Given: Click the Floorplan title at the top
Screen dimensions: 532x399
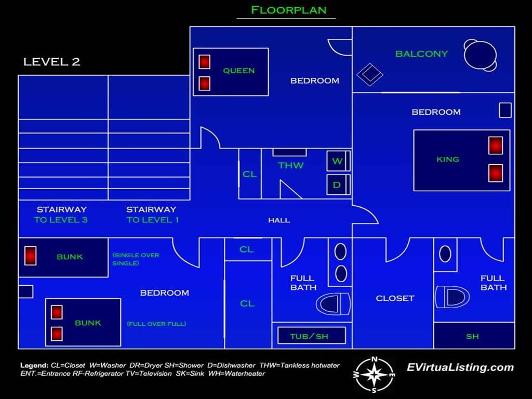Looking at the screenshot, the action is [288, 10].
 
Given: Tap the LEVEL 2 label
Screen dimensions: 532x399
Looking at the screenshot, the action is [51, 62].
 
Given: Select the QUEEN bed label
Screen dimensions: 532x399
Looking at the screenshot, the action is [238, 71].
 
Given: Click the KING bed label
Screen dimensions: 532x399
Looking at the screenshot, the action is [447, 159].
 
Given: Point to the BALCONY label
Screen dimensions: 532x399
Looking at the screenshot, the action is [421, 54].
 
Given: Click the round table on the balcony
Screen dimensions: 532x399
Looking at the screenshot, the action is [480, 55].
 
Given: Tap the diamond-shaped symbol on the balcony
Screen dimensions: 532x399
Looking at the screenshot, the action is [369, 74].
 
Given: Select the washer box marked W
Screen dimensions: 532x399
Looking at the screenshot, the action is [338, 161].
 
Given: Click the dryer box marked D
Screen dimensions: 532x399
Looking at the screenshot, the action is [338, 184].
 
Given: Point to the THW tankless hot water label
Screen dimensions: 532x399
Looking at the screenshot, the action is [290, 166].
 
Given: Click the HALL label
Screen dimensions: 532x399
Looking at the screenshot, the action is [279, 220].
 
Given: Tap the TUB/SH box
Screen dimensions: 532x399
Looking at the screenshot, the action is [312, 336].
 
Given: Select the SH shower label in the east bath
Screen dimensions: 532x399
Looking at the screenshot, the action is [472, 337].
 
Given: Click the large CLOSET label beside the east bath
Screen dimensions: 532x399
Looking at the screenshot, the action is [395, 298].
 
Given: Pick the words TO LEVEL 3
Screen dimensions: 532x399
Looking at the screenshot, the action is [61, 220].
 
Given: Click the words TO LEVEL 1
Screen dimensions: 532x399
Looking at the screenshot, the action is [152, 220].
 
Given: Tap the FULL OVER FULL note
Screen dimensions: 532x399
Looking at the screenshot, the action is [156, 324].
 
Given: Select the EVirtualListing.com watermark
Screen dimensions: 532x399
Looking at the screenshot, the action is [460, 367].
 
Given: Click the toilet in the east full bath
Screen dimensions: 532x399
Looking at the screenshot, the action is [452, 297].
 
